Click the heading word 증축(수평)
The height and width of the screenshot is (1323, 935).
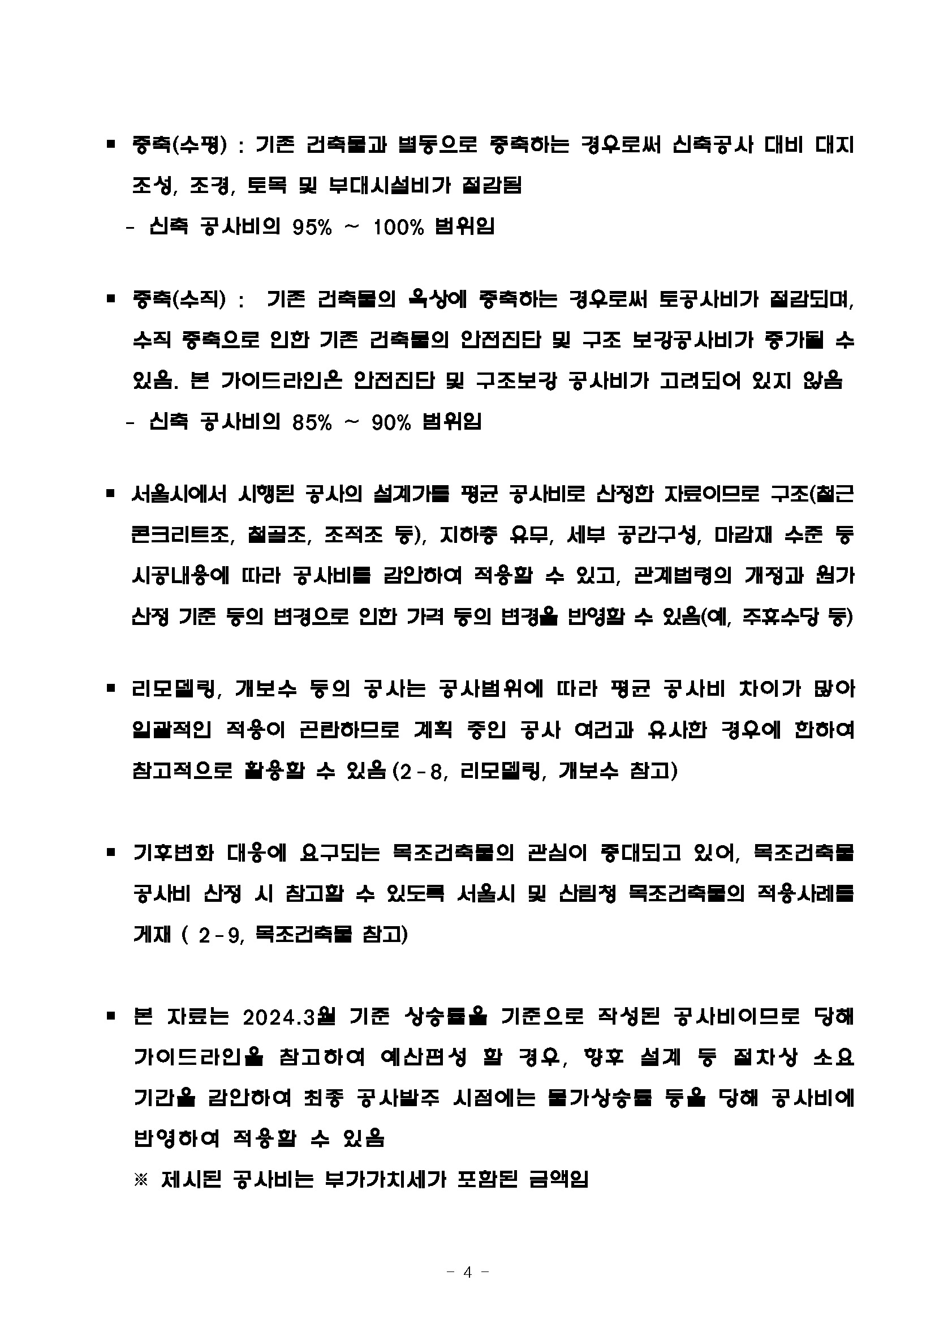coord(180,144)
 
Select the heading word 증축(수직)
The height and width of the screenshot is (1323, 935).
coord(180,299)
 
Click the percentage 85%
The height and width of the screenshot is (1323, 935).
coord(312,422)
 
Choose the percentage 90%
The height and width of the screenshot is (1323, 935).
coord(391,422)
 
